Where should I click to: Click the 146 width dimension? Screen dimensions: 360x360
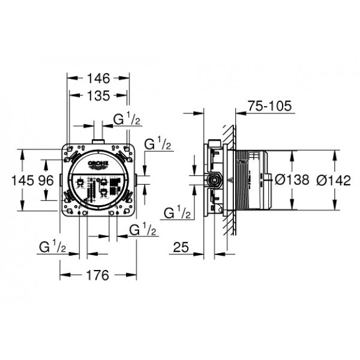coord(98,78)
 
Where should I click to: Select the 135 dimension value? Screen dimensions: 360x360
coord(98,95)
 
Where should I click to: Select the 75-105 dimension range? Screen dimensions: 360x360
coord(270,107)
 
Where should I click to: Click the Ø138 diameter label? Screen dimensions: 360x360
coord(292,179)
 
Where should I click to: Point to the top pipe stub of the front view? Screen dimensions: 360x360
coord(98,141)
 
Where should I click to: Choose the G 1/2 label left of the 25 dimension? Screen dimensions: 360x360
coord(177,212)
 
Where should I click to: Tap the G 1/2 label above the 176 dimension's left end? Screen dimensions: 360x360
coord(52,246)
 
